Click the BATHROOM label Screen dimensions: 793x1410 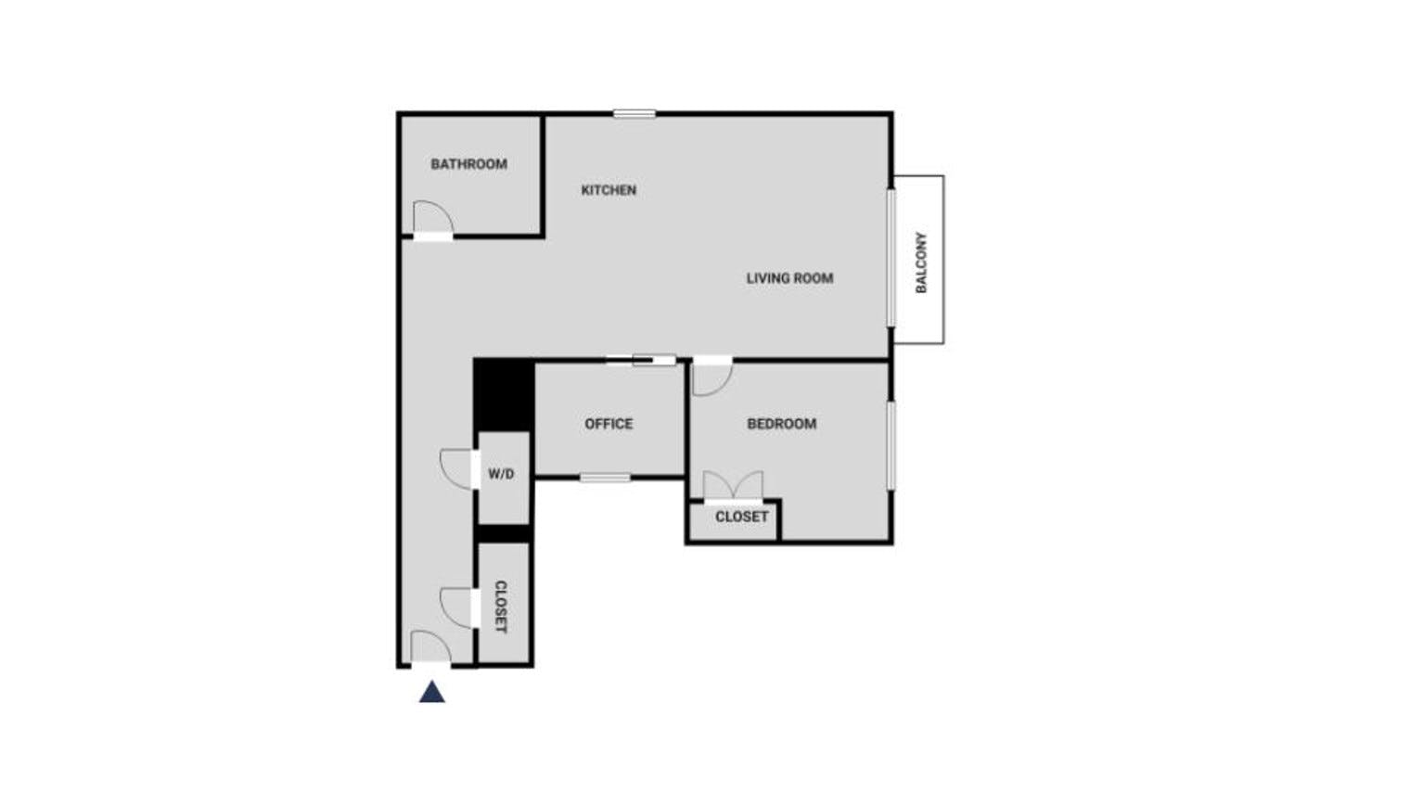pos(468,164)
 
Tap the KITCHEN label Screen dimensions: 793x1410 pos(609,190)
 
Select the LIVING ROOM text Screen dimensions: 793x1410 pos(789,277)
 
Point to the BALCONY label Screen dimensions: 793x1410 pos(921,262)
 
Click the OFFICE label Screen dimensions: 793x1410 pos(609,424)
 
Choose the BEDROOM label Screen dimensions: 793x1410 pos(782,424)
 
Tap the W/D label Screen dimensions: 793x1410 pos(501,474)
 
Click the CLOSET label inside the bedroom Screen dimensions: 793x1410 pos(741,517)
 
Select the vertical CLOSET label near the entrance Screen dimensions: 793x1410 pos(501,607)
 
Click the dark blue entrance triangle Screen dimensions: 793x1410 pos(432,692)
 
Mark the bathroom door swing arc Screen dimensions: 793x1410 pos(431,216)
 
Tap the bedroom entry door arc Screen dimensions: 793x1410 pos(711,377)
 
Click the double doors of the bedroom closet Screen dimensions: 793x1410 pos(733,486)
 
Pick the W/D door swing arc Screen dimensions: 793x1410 pos(456,468)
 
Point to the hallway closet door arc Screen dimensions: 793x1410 pos(456,607)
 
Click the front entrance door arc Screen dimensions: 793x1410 pos(429,646)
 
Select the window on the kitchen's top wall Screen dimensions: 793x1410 pos(634,114)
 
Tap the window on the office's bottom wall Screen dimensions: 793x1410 pos(605,478)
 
